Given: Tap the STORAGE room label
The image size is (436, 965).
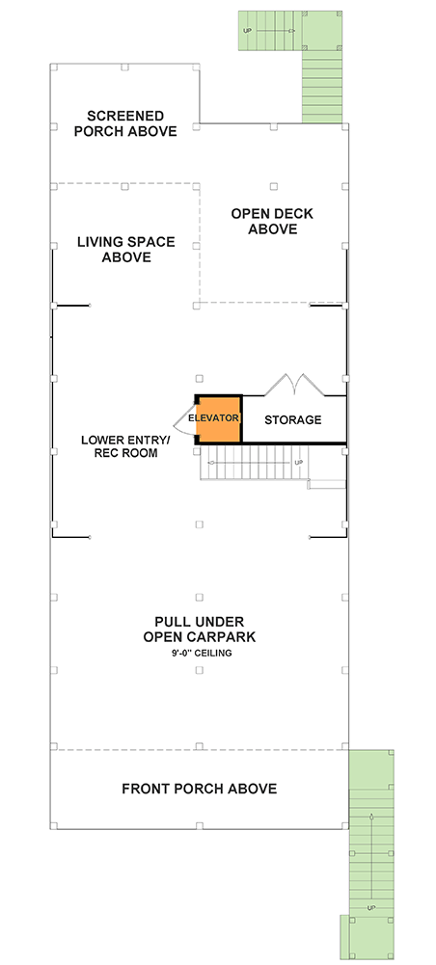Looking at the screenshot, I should pos(293,420).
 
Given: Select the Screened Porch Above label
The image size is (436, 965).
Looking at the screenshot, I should pos(125,123).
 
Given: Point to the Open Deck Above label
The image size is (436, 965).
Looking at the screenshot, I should pos(273,222).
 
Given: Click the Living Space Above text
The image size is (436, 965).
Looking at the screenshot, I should pos(125,250).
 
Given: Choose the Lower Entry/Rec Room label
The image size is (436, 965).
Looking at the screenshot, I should pos(125,446).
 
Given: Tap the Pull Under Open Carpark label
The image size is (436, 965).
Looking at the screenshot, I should pos(198,630).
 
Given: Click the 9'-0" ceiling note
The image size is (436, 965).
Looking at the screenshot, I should pos(199,654).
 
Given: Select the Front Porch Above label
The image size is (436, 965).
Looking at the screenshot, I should pos(199,789).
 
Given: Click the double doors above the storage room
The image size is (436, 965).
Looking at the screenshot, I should pos(293,386).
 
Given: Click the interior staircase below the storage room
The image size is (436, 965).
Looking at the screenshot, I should pos(256,465).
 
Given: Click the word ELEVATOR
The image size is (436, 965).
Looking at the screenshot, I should pos(213,419).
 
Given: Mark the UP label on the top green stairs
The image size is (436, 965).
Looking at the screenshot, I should pos(248,32).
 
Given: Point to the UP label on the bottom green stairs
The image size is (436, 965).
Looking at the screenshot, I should pos(370,908).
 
